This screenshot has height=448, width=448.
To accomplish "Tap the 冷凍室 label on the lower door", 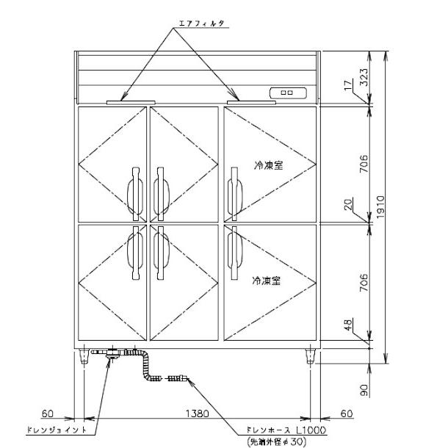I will [x=268, y=281].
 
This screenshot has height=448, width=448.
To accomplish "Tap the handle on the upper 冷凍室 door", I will [x=235, y=193].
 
